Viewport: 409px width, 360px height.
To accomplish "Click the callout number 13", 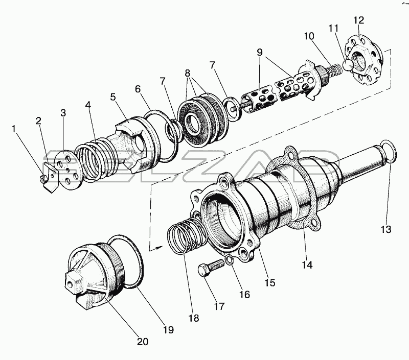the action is coord(386,229).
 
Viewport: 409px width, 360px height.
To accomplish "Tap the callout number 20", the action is coord(143,342).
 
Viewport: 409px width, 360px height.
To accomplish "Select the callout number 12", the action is coord(359,20).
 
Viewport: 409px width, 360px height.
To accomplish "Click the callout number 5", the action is coord(112,97).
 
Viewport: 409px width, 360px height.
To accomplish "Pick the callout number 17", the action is coord(219,306).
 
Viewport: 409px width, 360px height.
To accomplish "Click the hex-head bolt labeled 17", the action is coord(211,268).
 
